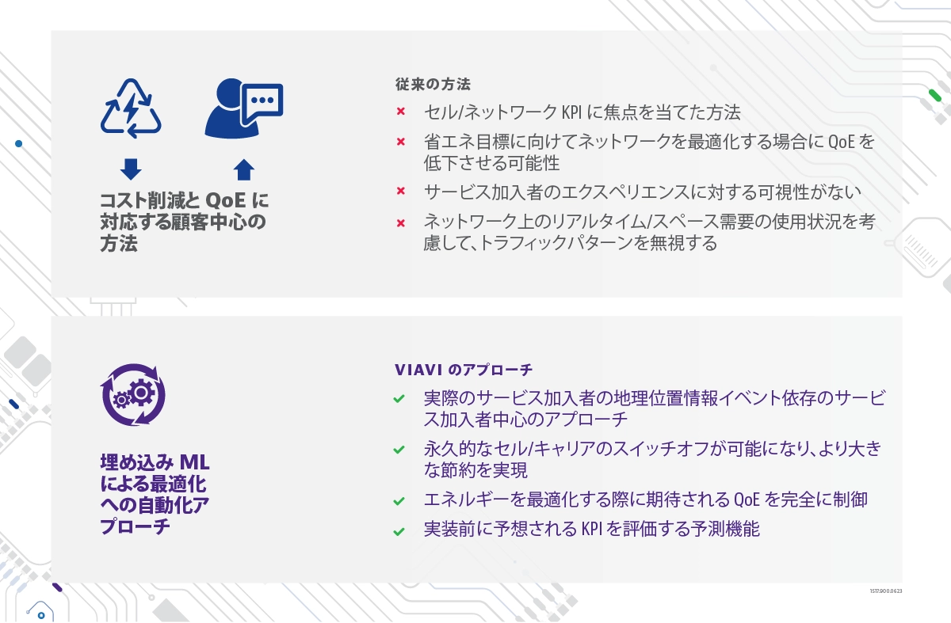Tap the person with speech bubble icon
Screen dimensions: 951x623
coord(244,108)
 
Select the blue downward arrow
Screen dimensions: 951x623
coord(131,169)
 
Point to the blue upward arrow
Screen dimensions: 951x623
coord(244,169)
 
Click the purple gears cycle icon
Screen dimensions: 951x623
coord(133,395)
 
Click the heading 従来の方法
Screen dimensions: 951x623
coord(433,84)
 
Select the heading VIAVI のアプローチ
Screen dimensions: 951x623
coord(463,370)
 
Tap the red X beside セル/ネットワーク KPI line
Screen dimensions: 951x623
coord(401,112)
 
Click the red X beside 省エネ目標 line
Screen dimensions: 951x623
coord(401,142)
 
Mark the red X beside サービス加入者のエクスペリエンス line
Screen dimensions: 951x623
coord(401,191)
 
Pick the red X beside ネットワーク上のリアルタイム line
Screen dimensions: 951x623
coord(401,223)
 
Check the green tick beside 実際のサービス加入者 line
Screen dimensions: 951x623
coord(399,399)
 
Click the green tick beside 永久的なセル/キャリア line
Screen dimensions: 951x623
coord(399,450)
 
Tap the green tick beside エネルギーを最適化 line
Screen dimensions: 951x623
coord(399,501)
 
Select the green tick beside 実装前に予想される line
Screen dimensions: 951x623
coord(399,531)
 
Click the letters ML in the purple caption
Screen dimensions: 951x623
coord(194,462)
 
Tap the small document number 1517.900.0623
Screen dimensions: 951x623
coord(886,591)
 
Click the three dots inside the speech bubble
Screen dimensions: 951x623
coord(262,101)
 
